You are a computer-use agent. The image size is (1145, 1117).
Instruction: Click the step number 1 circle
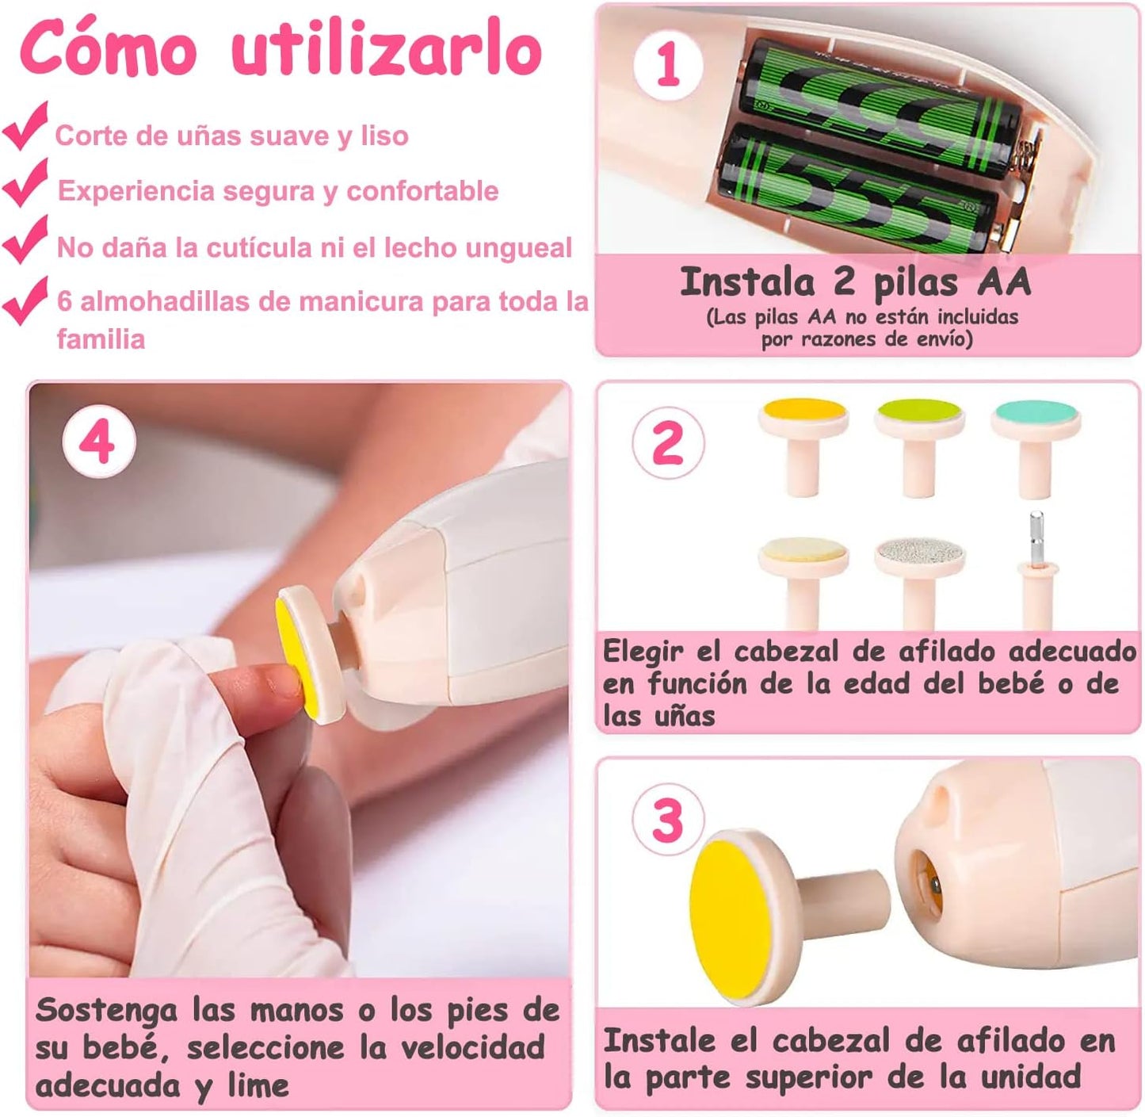pyautogui.click(x=668, y=65)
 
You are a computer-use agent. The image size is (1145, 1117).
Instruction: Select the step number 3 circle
pyautogui.click(x=667, y=821)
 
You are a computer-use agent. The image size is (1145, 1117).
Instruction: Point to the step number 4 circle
pyautogui.click(x=98, y=442)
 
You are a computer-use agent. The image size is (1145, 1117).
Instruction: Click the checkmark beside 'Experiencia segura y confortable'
pyautogui.click(x=25, y=184)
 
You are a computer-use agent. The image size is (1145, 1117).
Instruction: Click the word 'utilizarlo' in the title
pyautogui.click(x=387, y=52)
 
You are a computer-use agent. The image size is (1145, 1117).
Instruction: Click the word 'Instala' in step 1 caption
pyautogui.click(x=746, y=283)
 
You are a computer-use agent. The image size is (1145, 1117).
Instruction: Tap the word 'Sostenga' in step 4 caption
pyautogui.click(x=107, y=1012)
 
